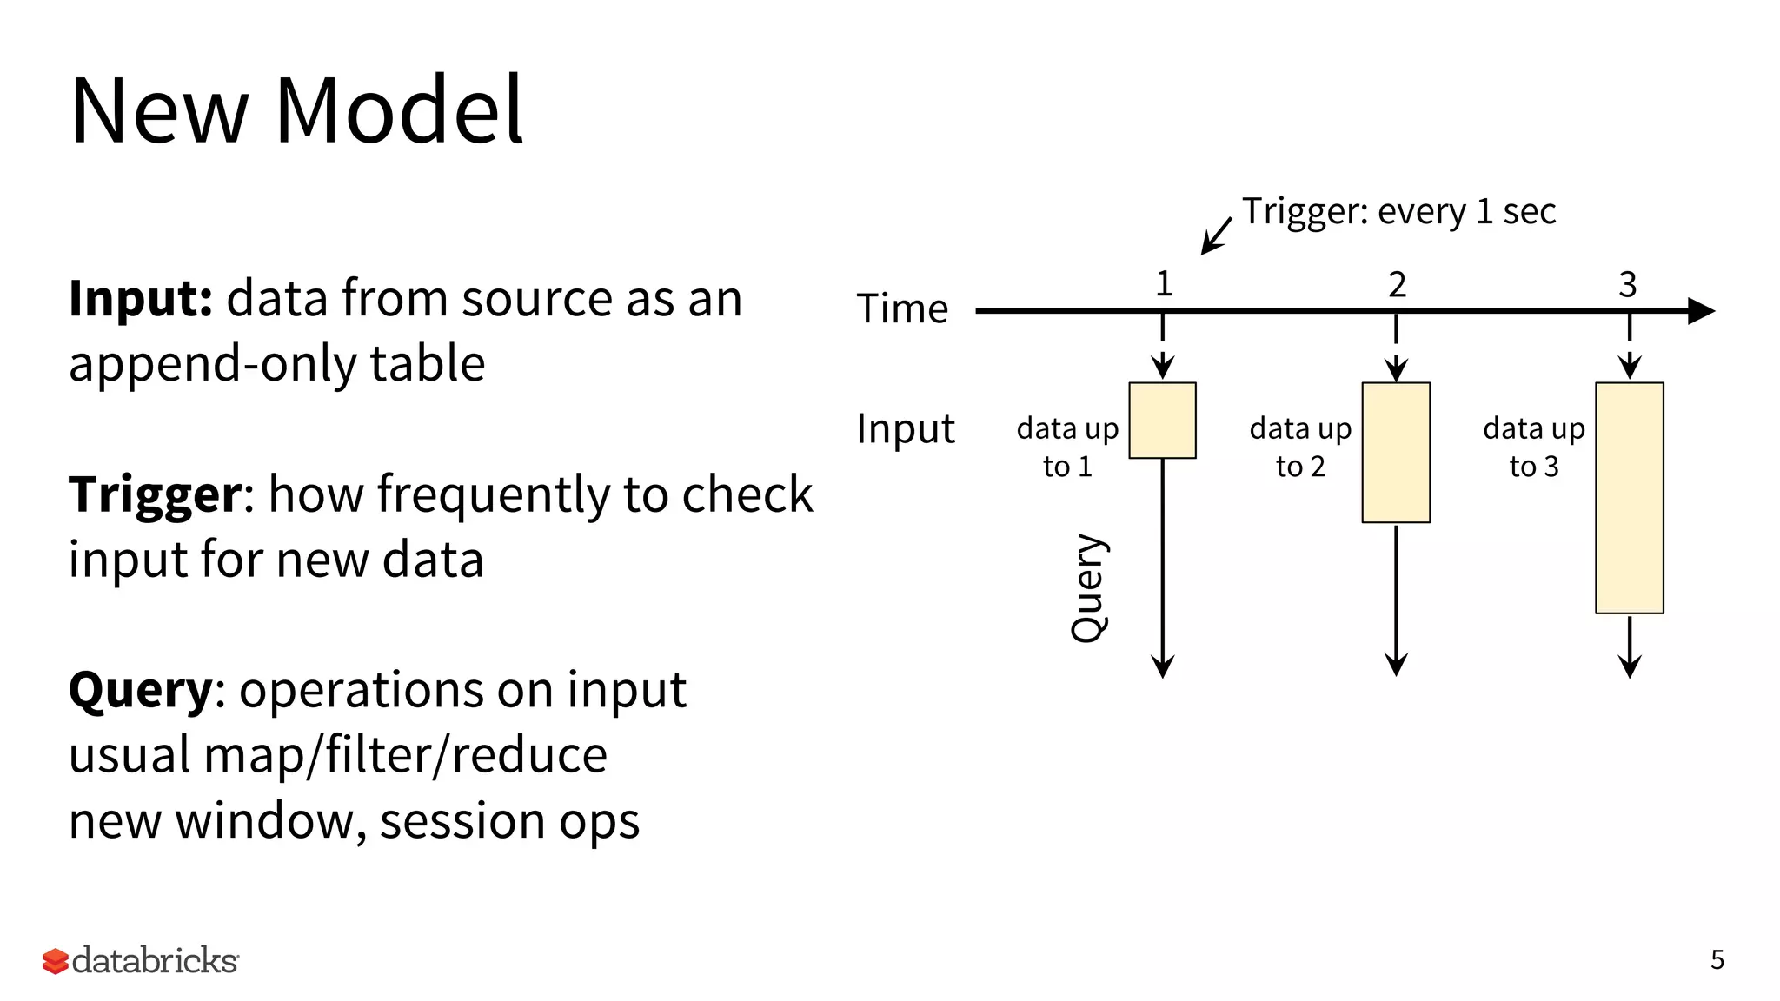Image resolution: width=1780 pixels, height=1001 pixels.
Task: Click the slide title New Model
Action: (296, 111)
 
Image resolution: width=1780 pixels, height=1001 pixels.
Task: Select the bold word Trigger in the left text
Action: (156, 495)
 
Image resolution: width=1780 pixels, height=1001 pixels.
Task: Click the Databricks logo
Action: (140, 960)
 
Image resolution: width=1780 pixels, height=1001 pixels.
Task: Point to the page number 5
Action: (1717, 959)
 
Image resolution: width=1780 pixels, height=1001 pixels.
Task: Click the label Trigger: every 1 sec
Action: (1398, 211)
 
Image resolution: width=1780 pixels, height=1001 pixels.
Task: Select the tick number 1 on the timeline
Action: (1164, 284)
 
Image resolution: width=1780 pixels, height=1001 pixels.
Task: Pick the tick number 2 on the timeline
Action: (1397, 284)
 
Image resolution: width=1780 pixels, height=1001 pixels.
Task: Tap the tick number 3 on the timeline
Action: (1628, 284)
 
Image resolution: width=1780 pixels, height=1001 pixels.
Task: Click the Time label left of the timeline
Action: (902, 309)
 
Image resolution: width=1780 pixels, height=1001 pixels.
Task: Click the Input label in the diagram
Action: (905, 428)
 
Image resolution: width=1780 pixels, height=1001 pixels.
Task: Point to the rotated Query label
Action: (1088, 588)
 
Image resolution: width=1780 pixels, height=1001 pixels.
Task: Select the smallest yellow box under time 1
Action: (1162, 421)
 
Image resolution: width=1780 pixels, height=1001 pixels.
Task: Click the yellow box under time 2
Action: (1396, 453)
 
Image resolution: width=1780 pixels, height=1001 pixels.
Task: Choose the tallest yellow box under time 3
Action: (1629, 498)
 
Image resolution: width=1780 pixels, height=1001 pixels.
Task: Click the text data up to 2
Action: (1300, 447)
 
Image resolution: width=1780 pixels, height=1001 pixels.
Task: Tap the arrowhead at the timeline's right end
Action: (1701, 310)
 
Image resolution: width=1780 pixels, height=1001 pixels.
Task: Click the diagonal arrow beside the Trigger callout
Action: (1216, 235)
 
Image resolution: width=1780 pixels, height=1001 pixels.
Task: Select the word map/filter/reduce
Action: (405, 755)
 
